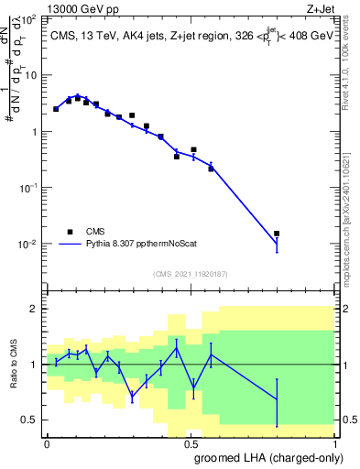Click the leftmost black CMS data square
[x=56, y=109]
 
